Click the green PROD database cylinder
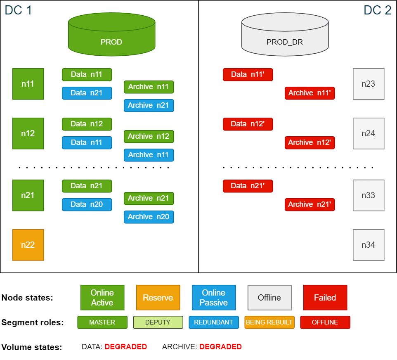point(111,35)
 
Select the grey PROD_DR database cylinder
point(285,35)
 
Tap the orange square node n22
point(28,245)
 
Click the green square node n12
point(28,133)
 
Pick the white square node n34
point(369,245)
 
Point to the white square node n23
point(369,84)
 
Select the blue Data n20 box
point(87,204)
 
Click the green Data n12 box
point(87,124)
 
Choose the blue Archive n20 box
point(149,217)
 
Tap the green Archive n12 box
point(149,136)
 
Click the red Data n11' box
point(248,75)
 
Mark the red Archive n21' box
point(310,204)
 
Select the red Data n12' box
point(248,124)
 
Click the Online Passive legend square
point(214,297)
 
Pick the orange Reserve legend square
point(158,297)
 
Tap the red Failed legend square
point(325,297)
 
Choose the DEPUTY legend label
point(158,322)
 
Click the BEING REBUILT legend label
point(269,322)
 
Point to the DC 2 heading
point(377,10)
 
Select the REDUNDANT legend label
point(214,322)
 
